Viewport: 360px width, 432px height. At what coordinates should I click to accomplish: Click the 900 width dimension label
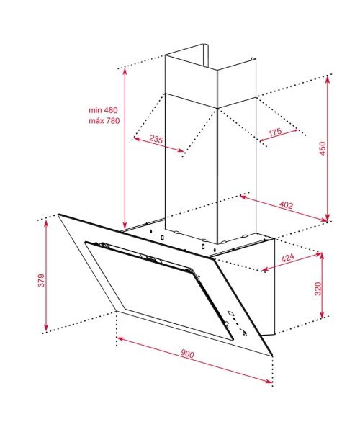click(x=187, y=354)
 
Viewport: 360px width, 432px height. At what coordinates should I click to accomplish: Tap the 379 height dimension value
click(x=41, y=280)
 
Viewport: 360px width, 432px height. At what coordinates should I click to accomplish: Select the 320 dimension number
click(x=318, y=289)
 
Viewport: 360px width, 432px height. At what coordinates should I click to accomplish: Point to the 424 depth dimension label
click(x=287, y=258)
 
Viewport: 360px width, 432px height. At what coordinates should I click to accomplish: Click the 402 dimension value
click(x=286, y=204)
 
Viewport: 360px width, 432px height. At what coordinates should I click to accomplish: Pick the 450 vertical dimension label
click(x=323, y=148)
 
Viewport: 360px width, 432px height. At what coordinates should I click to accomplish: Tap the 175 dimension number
click(x=275, y=132)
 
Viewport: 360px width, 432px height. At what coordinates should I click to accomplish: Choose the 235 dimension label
click(x=156, y=139)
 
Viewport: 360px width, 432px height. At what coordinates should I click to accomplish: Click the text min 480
click(x=103, y=110)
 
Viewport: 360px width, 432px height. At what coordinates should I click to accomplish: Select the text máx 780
click(x=104, y=121)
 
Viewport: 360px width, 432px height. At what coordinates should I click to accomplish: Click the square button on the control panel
click(x=230, y=313)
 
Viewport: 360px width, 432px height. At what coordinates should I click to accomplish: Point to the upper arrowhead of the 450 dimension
click(x=327, y=78)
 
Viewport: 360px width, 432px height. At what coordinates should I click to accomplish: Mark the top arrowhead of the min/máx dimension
click(x=125, y=71)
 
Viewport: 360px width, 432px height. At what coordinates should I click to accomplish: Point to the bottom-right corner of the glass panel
click(x=272, y=356)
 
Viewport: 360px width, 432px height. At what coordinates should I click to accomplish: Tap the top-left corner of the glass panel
click(x=58, y=215)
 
